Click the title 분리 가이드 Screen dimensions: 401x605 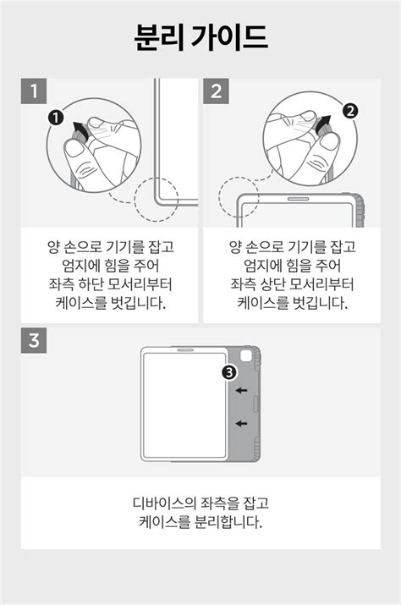[x=200, y=37]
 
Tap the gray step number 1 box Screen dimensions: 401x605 [x=34, y=91]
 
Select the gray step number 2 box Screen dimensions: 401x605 [x=216, y=91]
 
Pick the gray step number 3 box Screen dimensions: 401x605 [x=34, y=340]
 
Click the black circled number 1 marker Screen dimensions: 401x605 [x=57, y=118]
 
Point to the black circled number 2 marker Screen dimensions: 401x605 [x=350, y=111]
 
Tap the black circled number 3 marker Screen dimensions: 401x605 [x=229, y=372]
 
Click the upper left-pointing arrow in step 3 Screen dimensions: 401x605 [x=242, y=390]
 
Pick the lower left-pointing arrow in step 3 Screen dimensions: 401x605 [x=242, y=424]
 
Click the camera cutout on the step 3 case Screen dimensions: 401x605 [x=246, y=355]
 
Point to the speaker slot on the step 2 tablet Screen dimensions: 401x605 [x=299, y=199]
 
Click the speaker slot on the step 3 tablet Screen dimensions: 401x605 [x=185, y=350]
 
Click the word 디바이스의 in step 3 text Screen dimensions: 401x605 [x=164, y=503]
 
